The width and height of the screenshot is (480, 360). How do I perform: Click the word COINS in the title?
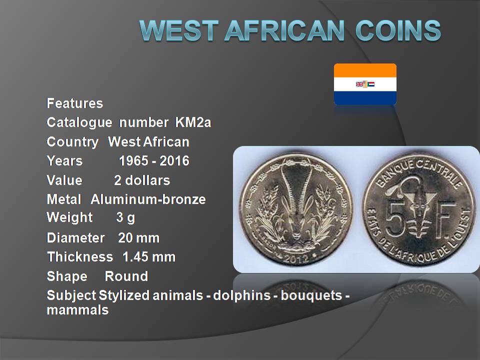398,30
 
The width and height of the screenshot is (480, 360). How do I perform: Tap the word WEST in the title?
179,30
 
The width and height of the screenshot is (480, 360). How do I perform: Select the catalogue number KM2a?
193,122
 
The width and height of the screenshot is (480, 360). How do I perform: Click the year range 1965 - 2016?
154,161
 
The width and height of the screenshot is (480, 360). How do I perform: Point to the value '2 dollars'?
141,180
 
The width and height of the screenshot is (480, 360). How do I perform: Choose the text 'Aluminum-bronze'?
148,199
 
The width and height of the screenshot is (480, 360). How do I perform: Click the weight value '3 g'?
125,218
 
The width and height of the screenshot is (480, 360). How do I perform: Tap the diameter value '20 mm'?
138,238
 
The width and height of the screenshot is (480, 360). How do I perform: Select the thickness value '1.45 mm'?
149,257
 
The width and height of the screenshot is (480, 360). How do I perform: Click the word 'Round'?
126,276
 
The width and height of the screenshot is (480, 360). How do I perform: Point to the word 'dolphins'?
242,295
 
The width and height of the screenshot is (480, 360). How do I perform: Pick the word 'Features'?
75,103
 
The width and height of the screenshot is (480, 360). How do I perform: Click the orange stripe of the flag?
365,70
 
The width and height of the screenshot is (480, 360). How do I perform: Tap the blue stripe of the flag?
365,98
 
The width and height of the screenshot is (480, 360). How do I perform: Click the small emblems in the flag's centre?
365,84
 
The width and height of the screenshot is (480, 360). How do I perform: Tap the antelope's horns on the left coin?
296,186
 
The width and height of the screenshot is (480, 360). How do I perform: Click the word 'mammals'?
78,310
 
